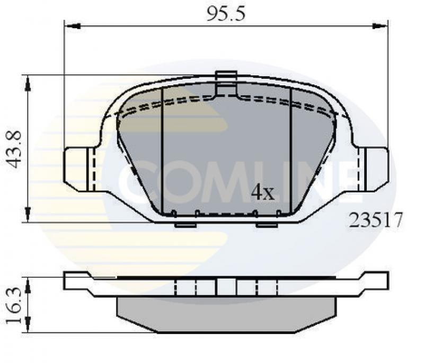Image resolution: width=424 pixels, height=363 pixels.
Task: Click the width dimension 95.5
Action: (226, 14)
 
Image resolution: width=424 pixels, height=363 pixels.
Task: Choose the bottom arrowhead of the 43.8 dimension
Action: (27, 215)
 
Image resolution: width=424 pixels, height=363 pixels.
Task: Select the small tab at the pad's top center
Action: (226, 76)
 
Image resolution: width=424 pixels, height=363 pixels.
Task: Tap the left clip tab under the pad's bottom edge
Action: (185, 225)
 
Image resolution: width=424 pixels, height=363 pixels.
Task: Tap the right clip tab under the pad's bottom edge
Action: (267, 225)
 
